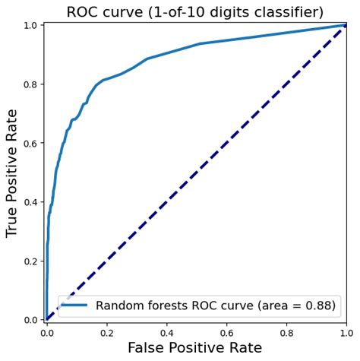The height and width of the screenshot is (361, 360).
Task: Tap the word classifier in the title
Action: [x=280, y=12]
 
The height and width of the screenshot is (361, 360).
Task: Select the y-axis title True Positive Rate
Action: [x=13, y=172]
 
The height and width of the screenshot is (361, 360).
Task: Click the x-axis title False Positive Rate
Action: [x=196, y=347]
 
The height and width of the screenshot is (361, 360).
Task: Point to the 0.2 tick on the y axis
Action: [x=30, y=261]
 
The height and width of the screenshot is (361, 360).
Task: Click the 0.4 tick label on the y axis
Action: [x=30, y=202]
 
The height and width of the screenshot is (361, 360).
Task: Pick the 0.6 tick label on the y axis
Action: [x=30, y=143]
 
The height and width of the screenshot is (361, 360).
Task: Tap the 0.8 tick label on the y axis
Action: [x=30, y=84]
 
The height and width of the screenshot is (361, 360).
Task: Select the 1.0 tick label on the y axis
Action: [x=30, y=26]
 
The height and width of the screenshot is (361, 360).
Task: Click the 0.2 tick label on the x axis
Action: [x=106, y=332]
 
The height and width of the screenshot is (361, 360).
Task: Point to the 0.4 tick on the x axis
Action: [x=166, y=332]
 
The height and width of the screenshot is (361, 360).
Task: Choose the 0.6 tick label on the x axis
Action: [x=226, y=332]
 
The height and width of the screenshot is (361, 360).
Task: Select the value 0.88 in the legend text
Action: [x=318, y=305]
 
